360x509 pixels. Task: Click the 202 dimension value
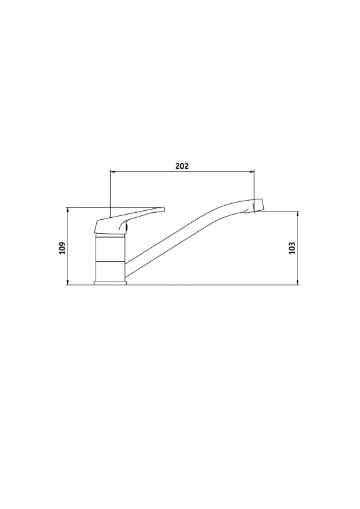click(182, 166)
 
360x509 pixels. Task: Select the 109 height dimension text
click(62, 248)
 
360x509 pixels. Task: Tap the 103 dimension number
click(292, 248)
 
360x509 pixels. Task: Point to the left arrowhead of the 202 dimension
click(113, 171)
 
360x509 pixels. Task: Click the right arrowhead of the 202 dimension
click(252, 171)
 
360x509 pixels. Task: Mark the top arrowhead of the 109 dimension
click(68, 210)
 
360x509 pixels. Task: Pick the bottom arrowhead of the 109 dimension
click(68, 283)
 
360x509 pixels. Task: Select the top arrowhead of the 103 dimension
click(298, 213)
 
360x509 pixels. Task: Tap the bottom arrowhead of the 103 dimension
click(298, 283)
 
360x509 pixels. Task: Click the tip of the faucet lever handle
click(164, 210)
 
